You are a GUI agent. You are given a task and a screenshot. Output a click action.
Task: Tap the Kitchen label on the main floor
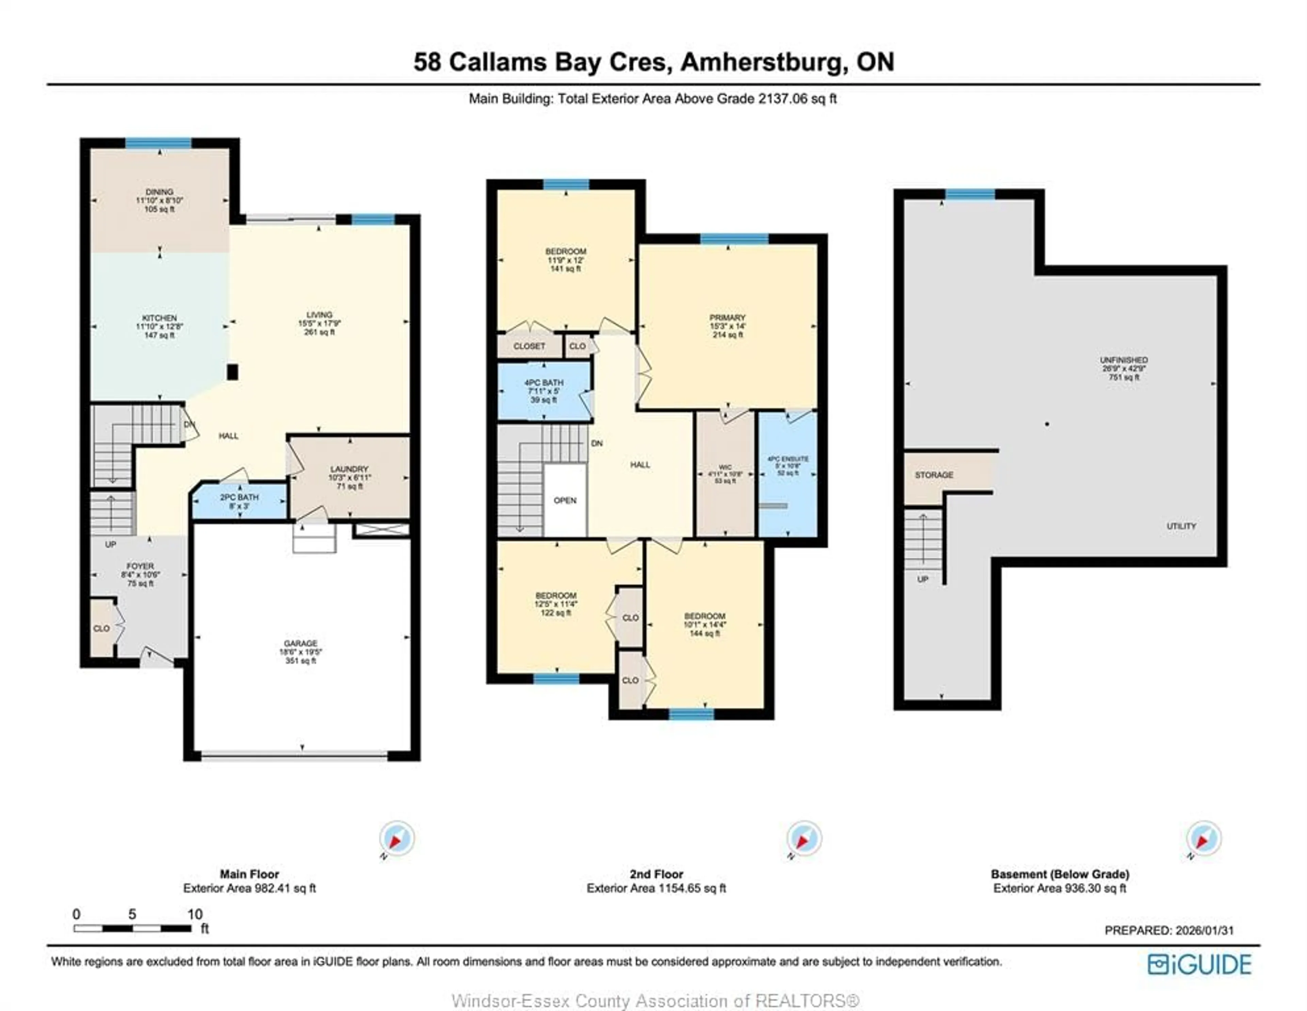(x=159, y=326)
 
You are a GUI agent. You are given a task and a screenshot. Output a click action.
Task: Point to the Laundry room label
(x=350, y=477)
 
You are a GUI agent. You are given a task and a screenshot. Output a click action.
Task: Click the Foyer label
(x=140, y=574)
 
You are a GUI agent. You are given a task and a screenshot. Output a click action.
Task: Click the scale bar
(x=132, y=928)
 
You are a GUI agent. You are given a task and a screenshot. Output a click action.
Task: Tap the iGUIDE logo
(x=1199, y=964)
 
